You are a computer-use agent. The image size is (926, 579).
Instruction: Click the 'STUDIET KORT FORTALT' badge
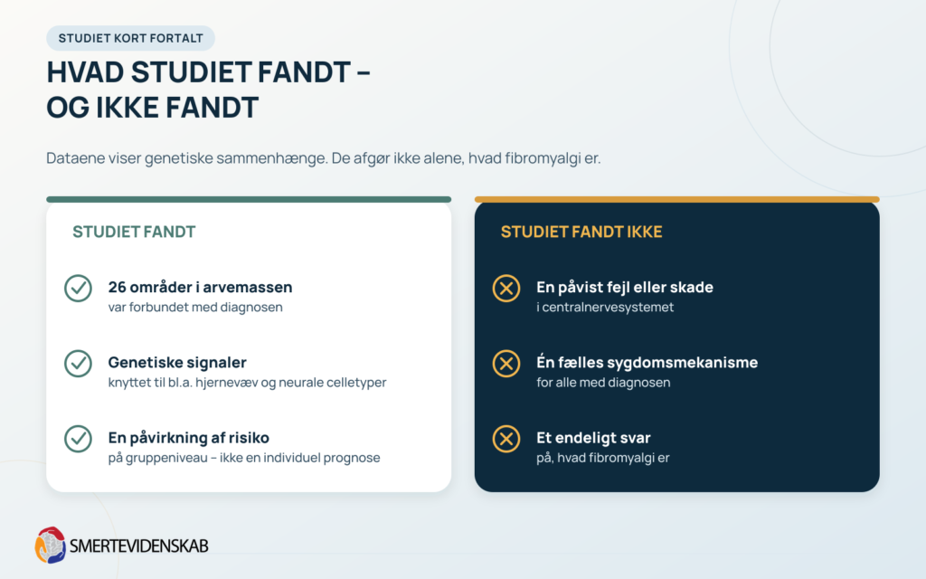pos(130,38)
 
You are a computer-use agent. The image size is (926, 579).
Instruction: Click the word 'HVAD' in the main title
pos(85,72)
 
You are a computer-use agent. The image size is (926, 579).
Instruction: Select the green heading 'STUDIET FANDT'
pos(134,232)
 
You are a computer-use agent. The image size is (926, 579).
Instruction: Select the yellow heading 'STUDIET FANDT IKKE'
pos(581,232)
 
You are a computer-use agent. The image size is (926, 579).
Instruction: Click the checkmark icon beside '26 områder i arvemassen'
pos(78,289)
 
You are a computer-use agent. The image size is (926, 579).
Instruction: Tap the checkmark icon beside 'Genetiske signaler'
pos(78,364)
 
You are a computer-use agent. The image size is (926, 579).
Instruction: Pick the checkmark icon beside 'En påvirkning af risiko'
pos(78,439)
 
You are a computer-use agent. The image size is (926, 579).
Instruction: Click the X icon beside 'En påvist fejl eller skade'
pos(506,289)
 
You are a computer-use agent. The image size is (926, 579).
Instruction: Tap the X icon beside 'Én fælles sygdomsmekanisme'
pos(506,364)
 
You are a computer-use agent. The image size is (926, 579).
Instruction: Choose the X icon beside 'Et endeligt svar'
pos(506,439)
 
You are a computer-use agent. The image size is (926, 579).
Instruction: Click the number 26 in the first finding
pos(117,287)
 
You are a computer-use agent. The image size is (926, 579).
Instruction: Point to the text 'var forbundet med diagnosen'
pos(195,308)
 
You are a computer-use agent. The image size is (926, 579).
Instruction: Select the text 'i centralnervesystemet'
pos(605,308)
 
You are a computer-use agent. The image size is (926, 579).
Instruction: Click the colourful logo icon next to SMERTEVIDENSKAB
pos(51,545)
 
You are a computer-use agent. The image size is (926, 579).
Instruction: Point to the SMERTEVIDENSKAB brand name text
pos(138,546)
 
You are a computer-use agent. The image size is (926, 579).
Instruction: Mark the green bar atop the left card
pos(249,200)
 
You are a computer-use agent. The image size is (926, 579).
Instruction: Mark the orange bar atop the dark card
pos(676,200)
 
